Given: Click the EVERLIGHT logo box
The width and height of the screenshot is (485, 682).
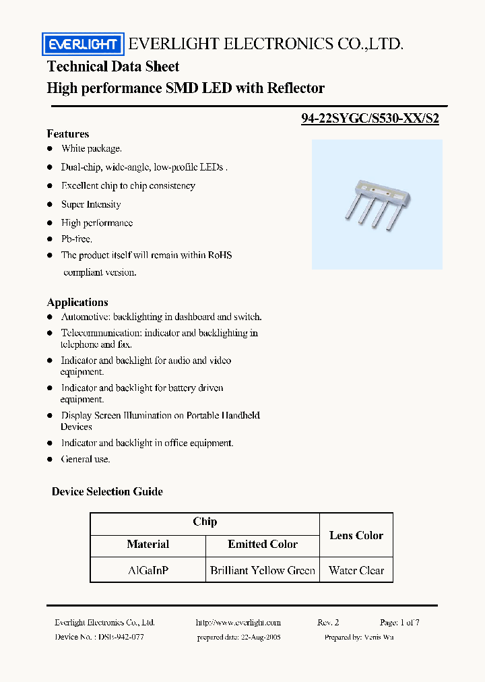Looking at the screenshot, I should click(x=84, y=44).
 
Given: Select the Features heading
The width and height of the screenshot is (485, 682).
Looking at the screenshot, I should click(x=68, y=133).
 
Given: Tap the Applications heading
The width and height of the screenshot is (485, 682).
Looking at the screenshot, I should click(x=77, y=302).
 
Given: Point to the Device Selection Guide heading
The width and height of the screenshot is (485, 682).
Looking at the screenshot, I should click(x=107, y=491).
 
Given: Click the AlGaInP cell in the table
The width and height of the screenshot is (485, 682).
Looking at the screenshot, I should click(x=148, y=570).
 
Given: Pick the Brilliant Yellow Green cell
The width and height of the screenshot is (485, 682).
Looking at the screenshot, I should click(x=263, y=570).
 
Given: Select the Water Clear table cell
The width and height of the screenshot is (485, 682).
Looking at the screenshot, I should click(x=356, y=570).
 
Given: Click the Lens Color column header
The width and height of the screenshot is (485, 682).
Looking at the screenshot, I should click(x=356, y=535).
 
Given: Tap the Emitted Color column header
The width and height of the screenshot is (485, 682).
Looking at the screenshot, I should click(x=263, y=544).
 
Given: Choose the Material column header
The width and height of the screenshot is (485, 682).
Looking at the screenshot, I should click(x=148, y=544).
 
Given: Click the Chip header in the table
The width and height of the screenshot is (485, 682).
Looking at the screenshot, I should click(x=205, y=522).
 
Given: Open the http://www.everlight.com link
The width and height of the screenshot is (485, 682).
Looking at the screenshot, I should click(x=238, y=623).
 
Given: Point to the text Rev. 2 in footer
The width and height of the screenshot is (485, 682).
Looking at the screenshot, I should click(x=328, y=623).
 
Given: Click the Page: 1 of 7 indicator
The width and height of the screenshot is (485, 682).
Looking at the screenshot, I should click(x=399, y=623).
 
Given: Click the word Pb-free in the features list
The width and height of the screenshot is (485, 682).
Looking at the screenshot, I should click(x=77, y=239).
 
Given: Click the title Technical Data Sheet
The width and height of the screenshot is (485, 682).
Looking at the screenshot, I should click(x=113, y=66).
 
